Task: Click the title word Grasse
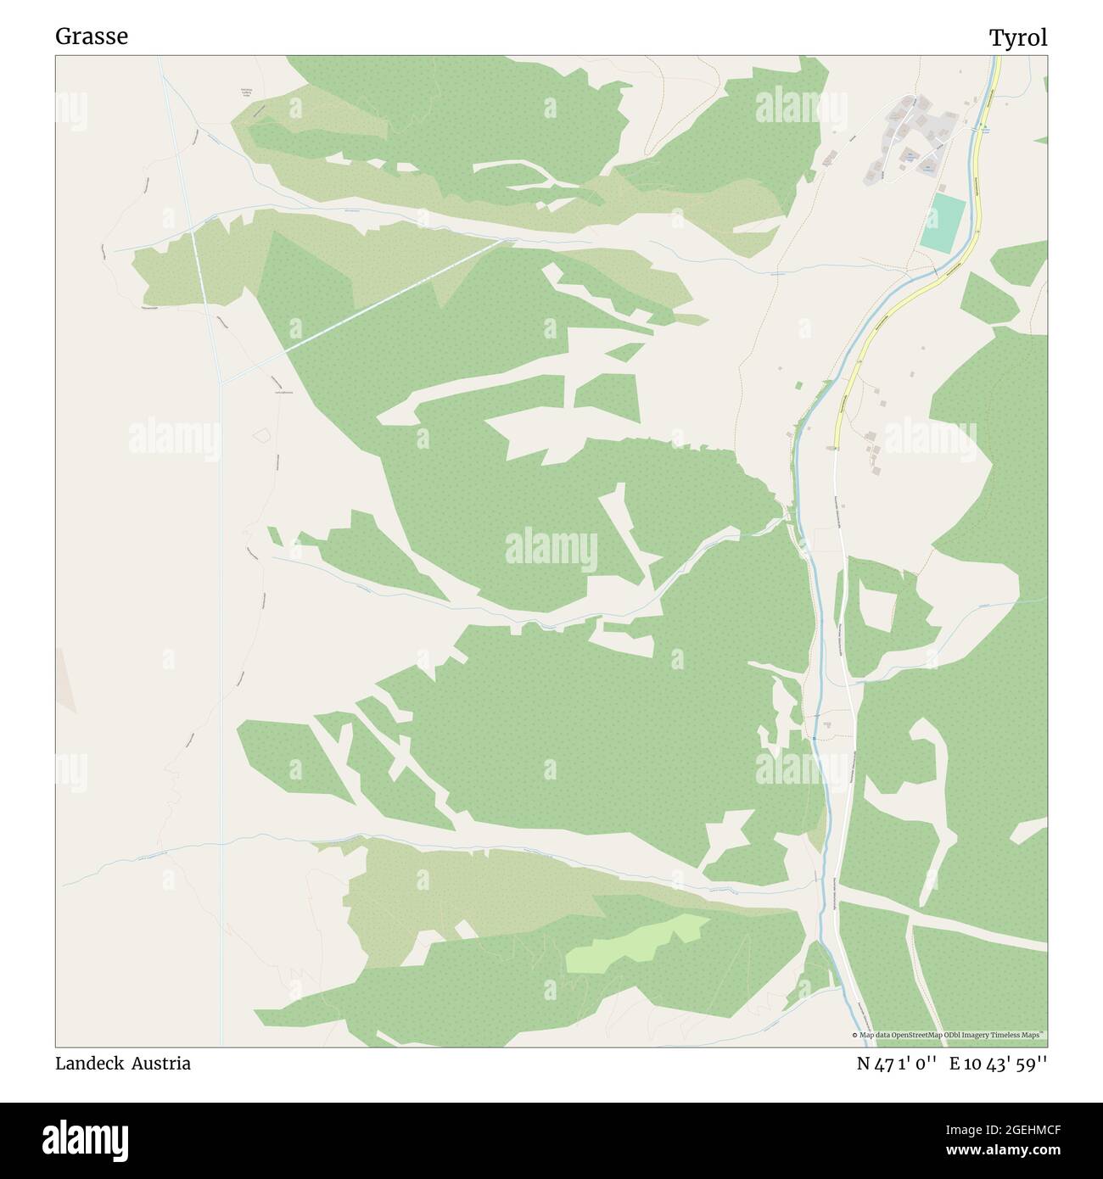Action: click(x=92, y=36)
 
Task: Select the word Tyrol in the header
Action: click(x=1017, y=37)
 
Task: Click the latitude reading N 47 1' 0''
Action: click(x=896, y=1064)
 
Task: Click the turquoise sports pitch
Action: click(x=943, y=223)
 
